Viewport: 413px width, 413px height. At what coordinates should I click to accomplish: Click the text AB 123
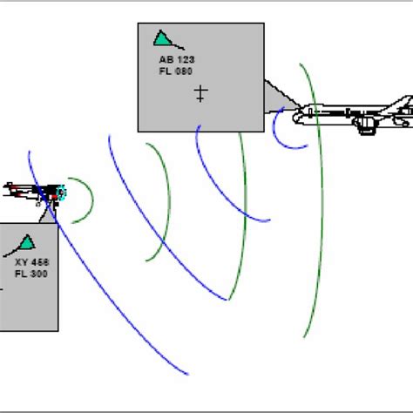pyautogui.click(x=177, y=59)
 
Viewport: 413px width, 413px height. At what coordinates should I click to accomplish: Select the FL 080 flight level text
pyautogui.click(x=177, y=71)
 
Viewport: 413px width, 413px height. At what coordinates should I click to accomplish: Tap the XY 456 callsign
pyautogui.click(x=31, y=262)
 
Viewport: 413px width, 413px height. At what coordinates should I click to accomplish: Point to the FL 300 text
pyautogui.click(x=31, y=274)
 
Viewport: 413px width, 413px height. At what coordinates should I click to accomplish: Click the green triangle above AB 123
pyautogui.click(x=161, y=38)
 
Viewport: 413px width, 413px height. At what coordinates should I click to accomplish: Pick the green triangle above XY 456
pyautogui.click(x=27, y=242)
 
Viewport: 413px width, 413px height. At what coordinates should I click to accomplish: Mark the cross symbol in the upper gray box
pyautogui.click(x=200, y=93)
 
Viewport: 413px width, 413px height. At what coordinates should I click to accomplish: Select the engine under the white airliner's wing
pyautogui.click(x=367, y=125)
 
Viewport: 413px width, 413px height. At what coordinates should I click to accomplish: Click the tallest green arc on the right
pyautogui.click(x=319, y=200)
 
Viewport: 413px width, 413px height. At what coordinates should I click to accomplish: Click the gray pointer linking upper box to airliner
pyautogui.click(x=277, y=96)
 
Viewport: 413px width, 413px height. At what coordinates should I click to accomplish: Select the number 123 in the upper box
pyautogui.click(x=186, y=59)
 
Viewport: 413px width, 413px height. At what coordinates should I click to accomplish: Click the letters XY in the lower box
pyautogui.click(x=20, y=262)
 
